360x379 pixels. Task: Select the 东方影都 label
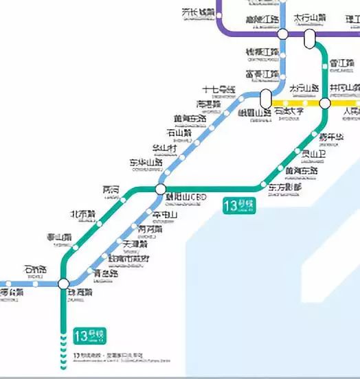tap(284, 187)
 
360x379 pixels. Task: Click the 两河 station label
tap(111, 189)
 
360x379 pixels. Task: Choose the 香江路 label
tap(341, 63)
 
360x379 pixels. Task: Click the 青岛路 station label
tap(106, 273)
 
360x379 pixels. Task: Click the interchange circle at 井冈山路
tap(325, 103)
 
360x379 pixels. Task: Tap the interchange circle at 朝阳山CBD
tap(161, 189)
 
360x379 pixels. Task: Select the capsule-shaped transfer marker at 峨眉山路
tap(266, 99)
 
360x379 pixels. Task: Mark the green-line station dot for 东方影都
tap(262, 185)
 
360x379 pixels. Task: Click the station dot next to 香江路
tap(325, 65)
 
